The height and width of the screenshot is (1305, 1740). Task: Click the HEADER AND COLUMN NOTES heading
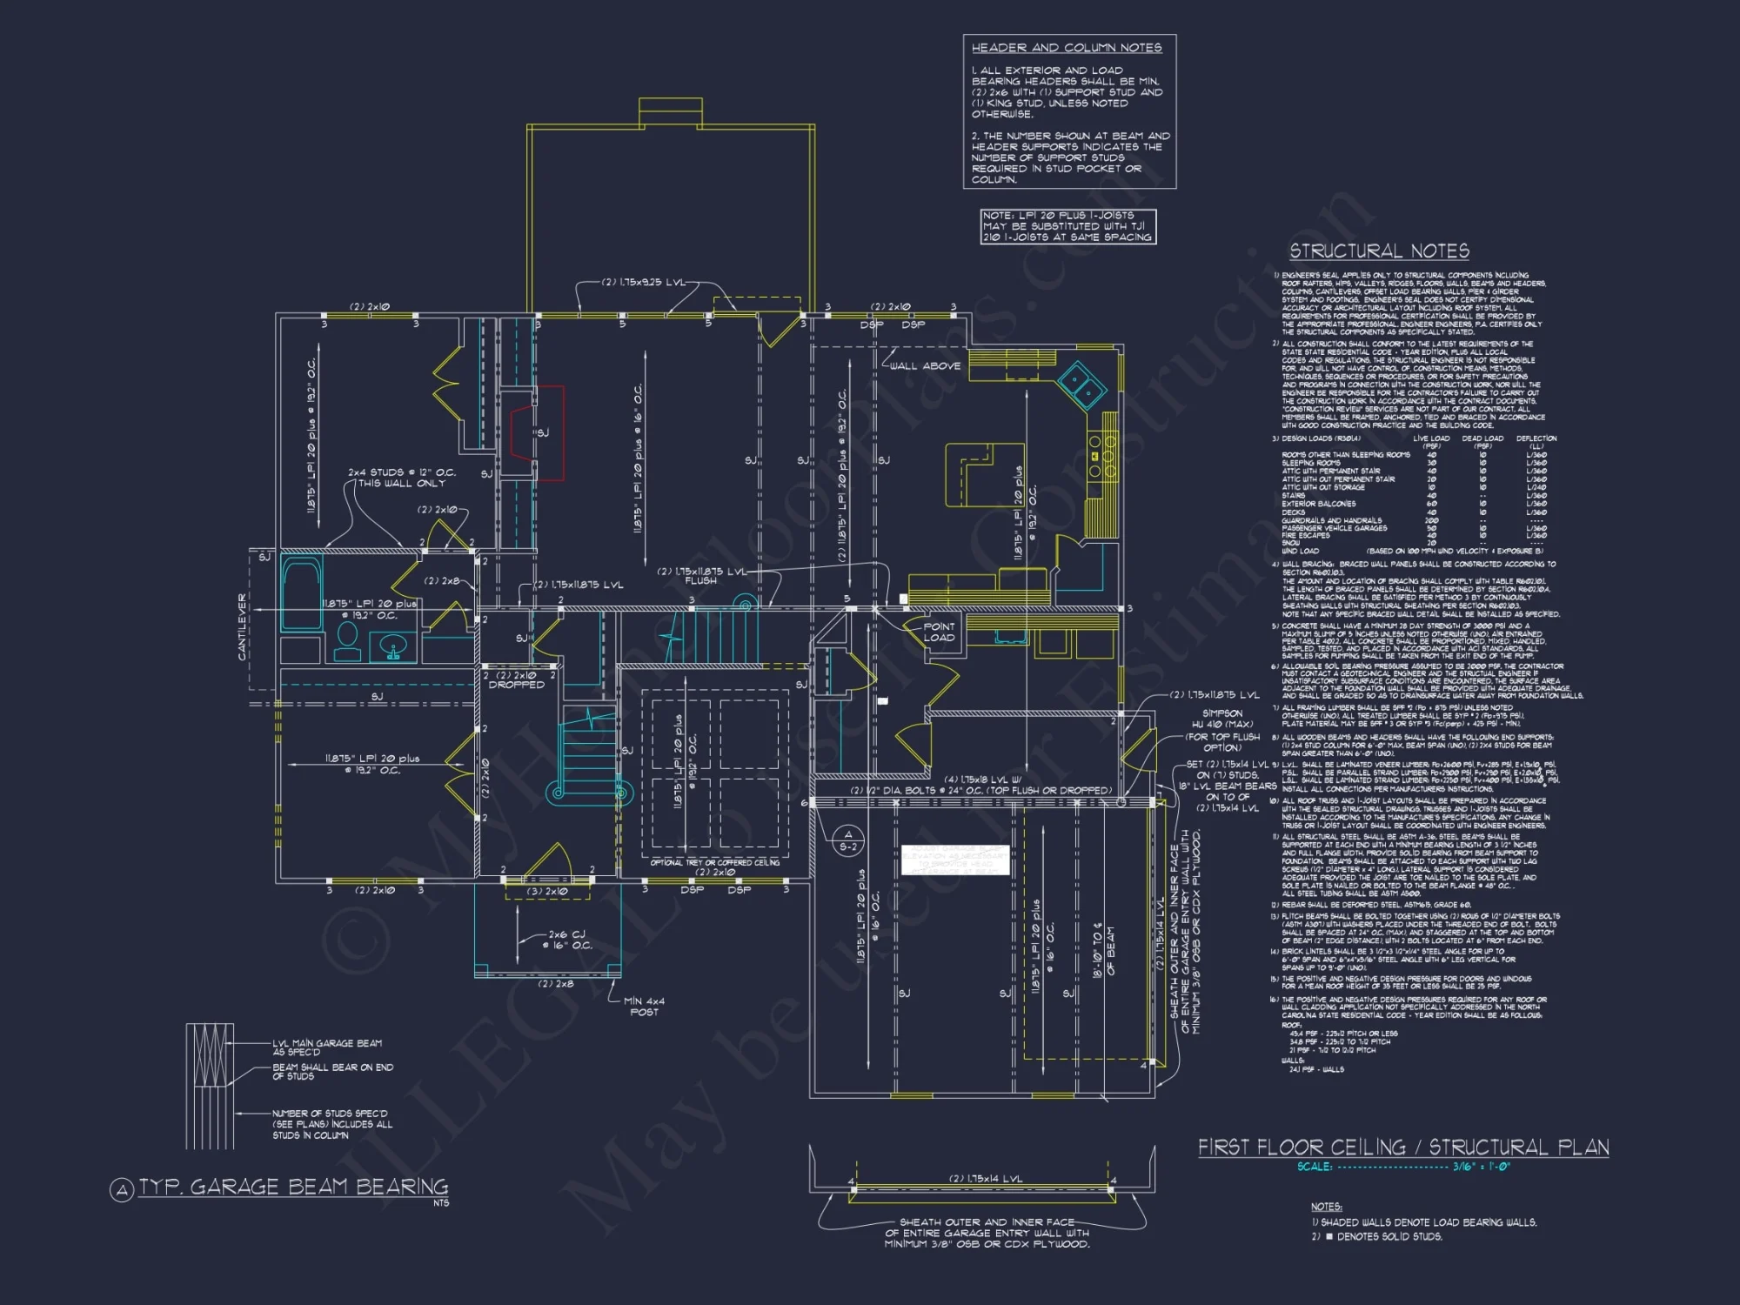[1067, 48]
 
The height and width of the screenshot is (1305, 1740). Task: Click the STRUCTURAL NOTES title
[1379, 251]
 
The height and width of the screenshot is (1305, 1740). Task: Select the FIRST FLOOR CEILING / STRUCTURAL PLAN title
[1402, 1148]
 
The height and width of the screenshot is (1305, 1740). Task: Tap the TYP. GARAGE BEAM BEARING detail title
[293, 1188]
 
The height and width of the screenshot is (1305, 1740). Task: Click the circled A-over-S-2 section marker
[848, 840]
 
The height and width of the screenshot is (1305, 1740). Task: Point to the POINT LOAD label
[939, 632]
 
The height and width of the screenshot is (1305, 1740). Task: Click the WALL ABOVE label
[925, 366]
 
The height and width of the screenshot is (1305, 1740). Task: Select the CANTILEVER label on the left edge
[243, 626]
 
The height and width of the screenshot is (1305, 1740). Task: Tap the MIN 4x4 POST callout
[644, 1007]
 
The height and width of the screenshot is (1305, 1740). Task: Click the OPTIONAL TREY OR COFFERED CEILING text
[715, 863]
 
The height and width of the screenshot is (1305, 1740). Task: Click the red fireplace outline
[550, 432]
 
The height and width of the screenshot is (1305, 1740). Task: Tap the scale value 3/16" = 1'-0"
[1482, 1167]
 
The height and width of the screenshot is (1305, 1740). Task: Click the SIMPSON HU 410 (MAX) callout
[1221, 719]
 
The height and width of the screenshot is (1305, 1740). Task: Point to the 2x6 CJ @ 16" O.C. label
[570, 940]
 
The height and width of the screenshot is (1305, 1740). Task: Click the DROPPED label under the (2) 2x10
[516, 686]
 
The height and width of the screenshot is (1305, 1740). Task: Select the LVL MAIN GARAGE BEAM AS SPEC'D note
[327, 1047]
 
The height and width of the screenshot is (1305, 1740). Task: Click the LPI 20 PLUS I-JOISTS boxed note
[1067, 226]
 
